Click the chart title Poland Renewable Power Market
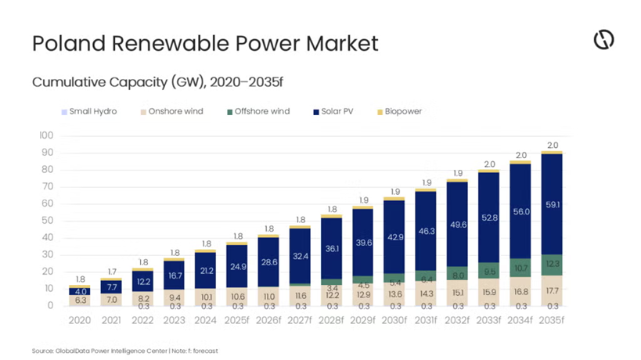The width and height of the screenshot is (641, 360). (x=205, y=43)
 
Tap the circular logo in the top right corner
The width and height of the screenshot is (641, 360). (x=603, y=41)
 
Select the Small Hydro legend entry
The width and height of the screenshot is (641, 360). (x=92, y=111)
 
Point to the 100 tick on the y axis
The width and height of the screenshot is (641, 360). (x=46, y=135)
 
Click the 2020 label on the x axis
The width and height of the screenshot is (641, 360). (x=80, y=321)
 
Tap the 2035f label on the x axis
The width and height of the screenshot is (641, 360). (x=553, y=321)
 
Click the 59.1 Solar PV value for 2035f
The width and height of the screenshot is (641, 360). (x=553, y=205)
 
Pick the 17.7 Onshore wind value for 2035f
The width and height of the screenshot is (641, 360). (x=553, y=290)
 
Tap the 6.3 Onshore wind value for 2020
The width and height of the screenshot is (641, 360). (x=80, y=300)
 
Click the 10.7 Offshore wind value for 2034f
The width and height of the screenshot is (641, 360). (x=521, y=268)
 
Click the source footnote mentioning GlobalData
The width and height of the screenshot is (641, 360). (x=124, y=351)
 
